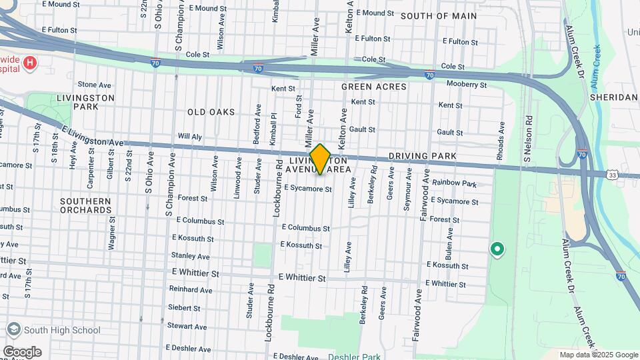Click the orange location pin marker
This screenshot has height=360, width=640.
(321, 159)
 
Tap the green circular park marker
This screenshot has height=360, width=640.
(497, 249)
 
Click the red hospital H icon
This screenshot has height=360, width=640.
(29, 63)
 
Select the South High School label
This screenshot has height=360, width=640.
(61, 330)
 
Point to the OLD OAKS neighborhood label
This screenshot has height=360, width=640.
(211, 112)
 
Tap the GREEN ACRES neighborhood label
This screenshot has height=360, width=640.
(373, 87)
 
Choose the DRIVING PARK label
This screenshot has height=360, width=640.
(423, 156)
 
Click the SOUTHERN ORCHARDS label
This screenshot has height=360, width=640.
(85, 205)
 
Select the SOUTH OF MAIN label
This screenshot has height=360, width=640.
(438, 15)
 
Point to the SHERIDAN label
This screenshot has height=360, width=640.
(613, 97)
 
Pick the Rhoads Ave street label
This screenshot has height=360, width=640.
(501, 139)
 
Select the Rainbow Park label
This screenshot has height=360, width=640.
(454, 183)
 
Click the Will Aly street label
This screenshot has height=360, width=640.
(190, 136)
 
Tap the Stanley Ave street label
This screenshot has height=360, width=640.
(190, 256)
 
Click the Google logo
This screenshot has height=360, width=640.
(21, 352)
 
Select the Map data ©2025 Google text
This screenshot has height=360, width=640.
(598, 355)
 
